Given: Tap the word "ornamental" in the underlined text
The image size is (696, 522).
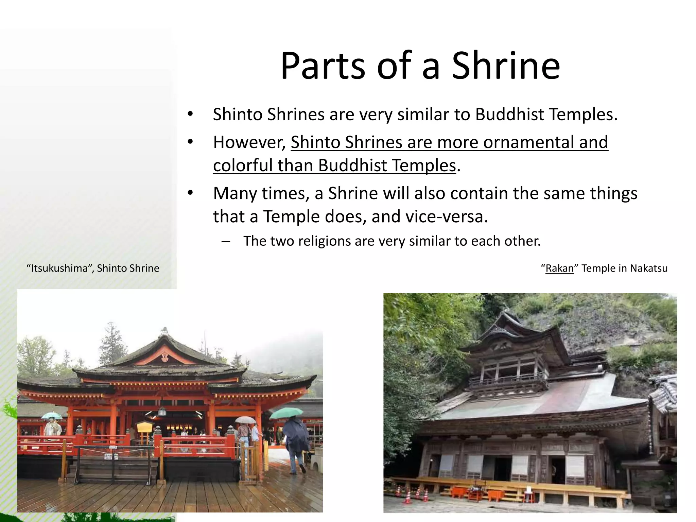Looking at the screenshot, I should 528,142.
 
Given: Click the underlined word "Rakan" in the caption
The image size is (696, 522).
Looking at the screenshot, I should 559,268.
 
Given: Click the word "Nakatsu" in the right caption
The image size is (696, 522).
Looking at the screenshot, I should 648,268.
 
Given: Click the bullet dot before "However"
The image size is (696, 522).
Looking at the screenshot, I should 190,142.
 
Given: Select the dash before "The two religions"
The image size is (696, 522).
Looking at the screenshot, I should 225,242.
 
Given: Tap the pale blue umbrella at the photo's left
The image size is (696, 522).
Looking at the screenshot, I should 52,416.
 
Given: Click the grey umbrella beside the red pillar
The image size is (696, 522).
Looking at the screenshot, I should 245,420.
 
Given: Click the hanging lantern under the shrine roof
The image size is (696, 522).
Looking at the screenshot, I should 162,412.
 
